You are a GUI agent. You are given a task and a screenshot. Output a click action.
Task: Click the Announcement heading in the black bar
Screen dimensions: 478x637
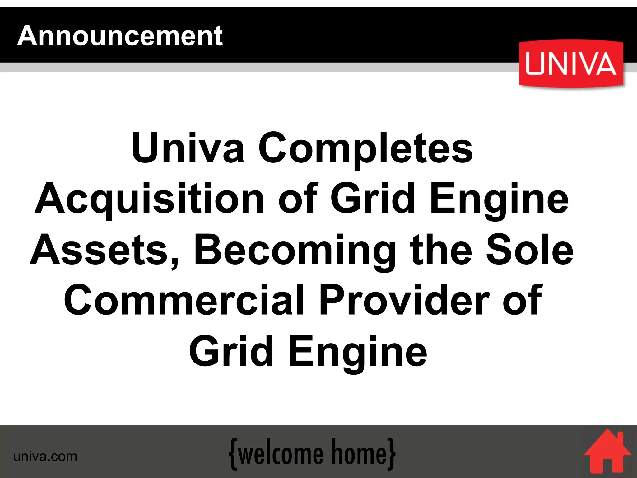(120, 36)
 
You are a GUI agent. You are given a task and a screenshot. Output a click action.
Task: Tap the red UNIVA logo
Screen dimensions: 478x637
(571, 64)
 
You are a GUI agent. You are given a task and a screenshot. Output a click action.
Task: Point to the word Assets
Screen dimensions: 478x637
(105, 251)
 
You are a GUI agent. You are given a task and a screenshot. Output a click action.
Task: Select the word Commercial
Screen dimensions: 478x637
(184, 301)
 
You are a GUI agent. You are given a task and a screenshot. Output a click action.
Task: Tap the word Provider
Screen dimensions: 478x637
(404, 301)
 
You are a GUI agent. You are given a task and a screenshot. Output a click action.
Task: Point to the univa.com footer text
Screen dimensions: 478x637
(45, 457)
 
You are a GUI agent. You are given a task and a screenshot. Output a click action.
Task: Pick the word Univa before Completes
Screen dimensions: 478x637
(188, 148)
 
